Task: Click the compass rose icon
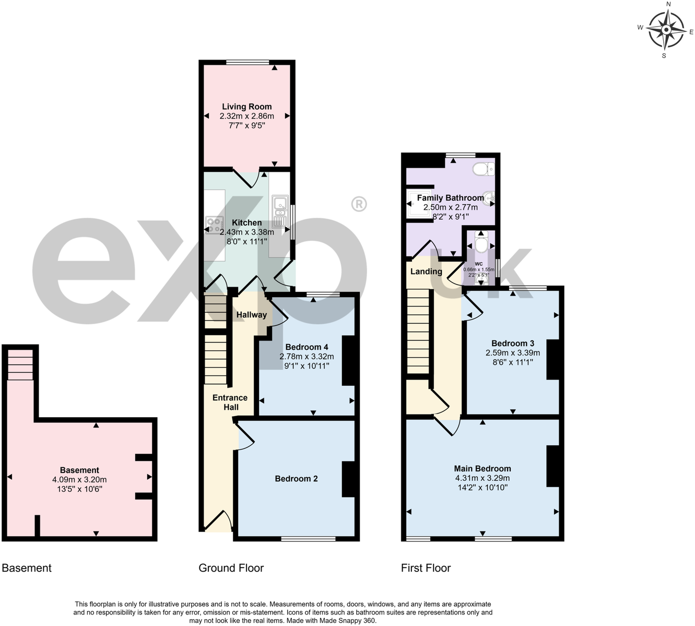tap(666, 29)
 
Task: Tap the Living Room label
tap(246, 107)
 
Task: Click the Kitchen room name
tap(246, 223)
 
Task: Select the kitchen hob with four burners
tap(214, 225)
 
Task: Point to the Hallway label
tap(251, 315)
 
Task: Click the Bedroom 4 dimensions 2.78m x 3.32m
tap(307, 357)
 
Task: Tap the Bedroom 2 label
tap(296, 479)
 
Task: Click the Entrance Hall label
tap(230, 403)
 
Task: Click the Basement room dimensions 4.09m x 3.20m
tap(79, 480)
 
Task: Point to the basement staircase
tap(20, 364)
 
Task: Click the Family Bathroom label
tap(450, 198)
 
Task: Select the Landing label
tap(426, 271)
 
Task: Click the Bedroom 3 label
tap(512, 344)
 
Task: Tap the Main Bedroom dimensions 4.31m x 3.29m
tap(482, 478)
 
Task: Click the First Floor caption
tap(426, 568)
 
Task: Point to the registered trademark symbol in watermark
tap(358, 204)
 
